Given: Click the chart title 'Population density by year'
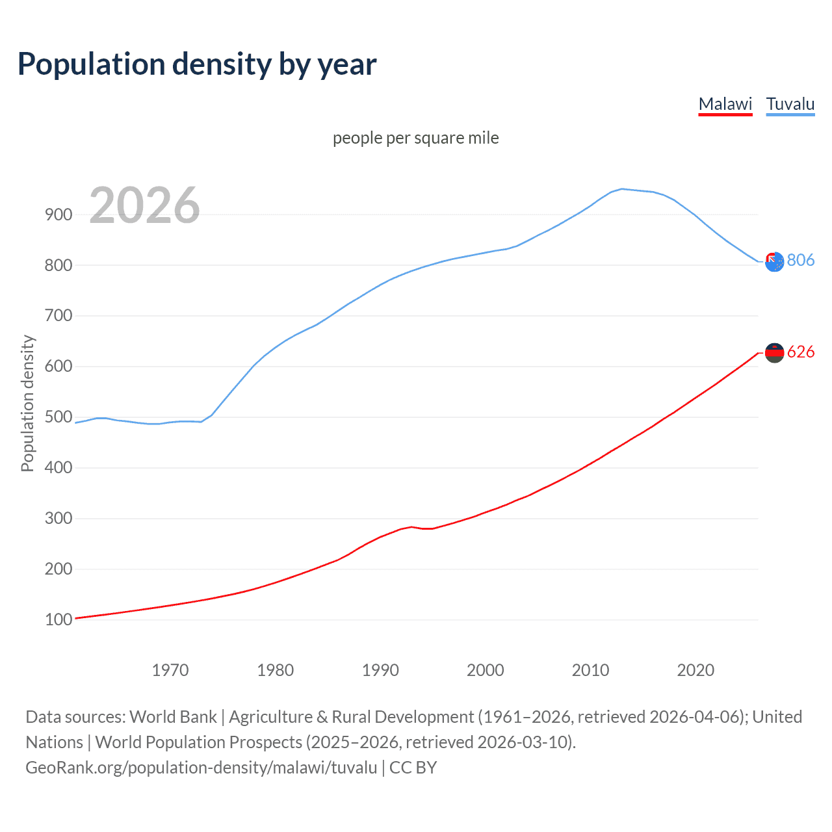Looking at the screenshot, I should tap(197, 64).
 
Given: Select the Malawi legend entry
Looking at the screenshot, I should tap(725, 104).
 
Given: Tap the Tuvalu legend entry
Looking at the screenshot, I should tap(790, 104).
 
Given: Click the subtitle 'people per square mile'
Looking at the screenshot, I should tap(415, 138).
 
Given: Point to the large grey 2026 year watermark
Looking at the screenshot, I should tap(144, 205).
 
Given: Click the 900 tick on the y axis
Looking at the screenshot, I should tap(58, 214).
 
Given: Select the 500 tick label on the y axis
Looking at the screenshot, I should tap(58, 417).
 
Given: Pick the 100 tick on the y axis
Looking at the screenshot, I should tap(58, 619).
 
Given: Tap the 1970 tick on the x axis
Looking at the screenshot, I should tap(170, 670).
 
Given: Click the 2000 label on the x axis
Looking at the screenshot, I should tap(486, 670).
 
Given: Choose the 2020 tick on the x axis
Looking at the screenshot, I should tap(695, 670).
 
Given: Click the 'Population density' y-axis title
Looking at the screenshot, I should tap(27, 403).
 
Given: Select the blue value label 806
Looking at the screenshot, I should tap(800, 260).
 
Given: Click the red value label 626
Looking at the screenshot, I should tap(800, 352).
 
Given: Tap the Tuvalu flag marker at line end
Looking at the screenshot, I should tap(774, 262).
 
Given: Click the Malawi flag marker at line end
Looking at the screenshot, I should tap(774, 353).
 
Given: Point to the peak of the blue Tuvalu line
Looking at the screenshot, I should tap(622, 189).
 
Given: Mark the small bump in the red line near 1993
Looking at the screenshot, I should tap(411, 526).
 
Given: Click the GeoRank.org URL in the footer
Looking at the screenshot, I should tap(201, 768).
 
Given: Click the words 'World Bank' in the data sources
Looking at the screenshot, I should tap(173, 717).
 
